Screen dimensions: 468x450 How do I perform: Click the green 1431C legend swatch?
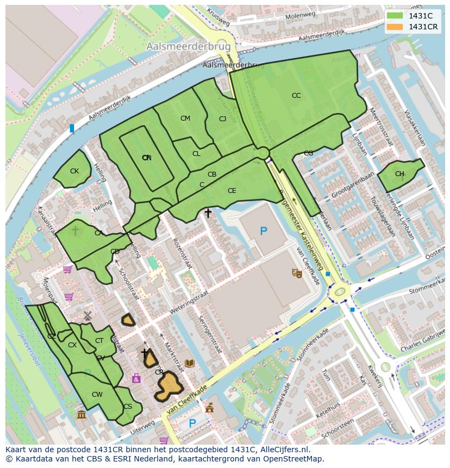tap(395, 16)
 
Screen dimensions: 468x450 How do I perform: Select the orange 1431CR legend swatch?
tap(395, 27)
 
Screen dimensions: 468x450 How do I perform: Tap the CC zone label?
tap(296, 96)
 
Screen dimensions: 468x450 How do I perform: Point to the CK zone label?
tap(74, 171)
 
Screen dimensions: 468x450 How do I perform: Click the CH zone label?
tap(399, 174)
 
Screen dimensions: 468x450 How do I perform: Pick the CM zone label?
tap(185, 118)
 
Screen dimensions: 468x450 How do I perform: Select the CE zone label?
tap(232, 191)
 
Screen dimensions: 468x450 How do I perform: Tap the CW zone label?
tap(97, 395)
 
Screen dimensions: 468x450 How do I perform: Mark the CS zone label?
tap(128, 407)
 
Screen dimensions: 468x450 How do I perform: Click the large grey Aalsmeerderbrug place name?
tap(189, 47)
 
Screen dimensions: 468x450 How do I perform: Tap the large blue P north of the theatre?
tap(264, 232)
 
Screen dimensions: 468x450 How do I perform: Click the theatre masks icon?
tap(297, 273)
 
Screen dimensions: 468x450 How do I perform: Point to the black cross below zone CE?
tap(208, 214)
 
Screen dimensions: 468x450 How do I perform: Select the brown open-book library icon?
tap(190, 363)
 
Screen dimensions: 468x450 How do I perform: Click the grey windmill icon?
tap(87, 316)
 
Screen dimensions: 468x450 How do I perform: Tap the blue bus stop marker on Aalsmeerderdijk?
tap(72, 128)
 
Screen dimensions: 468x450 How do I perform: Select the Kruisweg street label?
tap(218, 18)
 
